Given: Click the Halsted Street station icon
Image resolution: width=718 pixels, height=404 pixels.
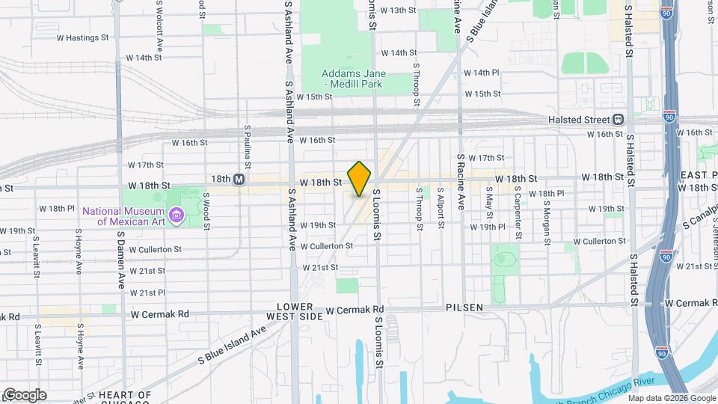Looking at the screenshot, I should tap(619, 120).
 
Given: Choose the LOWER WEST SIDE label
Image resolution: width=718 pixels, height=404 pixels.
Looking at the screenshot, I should tap(300, 312).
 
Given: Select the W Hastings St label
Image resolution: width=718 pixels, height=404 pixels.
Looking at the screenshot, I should tap(82, 37).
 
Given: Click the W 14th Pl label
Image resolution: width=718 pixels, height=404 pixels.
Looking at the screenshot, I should tap(481, 73).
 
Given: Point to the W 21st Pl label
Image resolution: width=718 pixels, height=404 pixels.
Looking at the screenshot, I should tap(147, 293).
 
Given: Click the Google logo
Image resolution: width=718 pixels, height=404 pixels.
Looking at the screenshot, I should tap(25, 395).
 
